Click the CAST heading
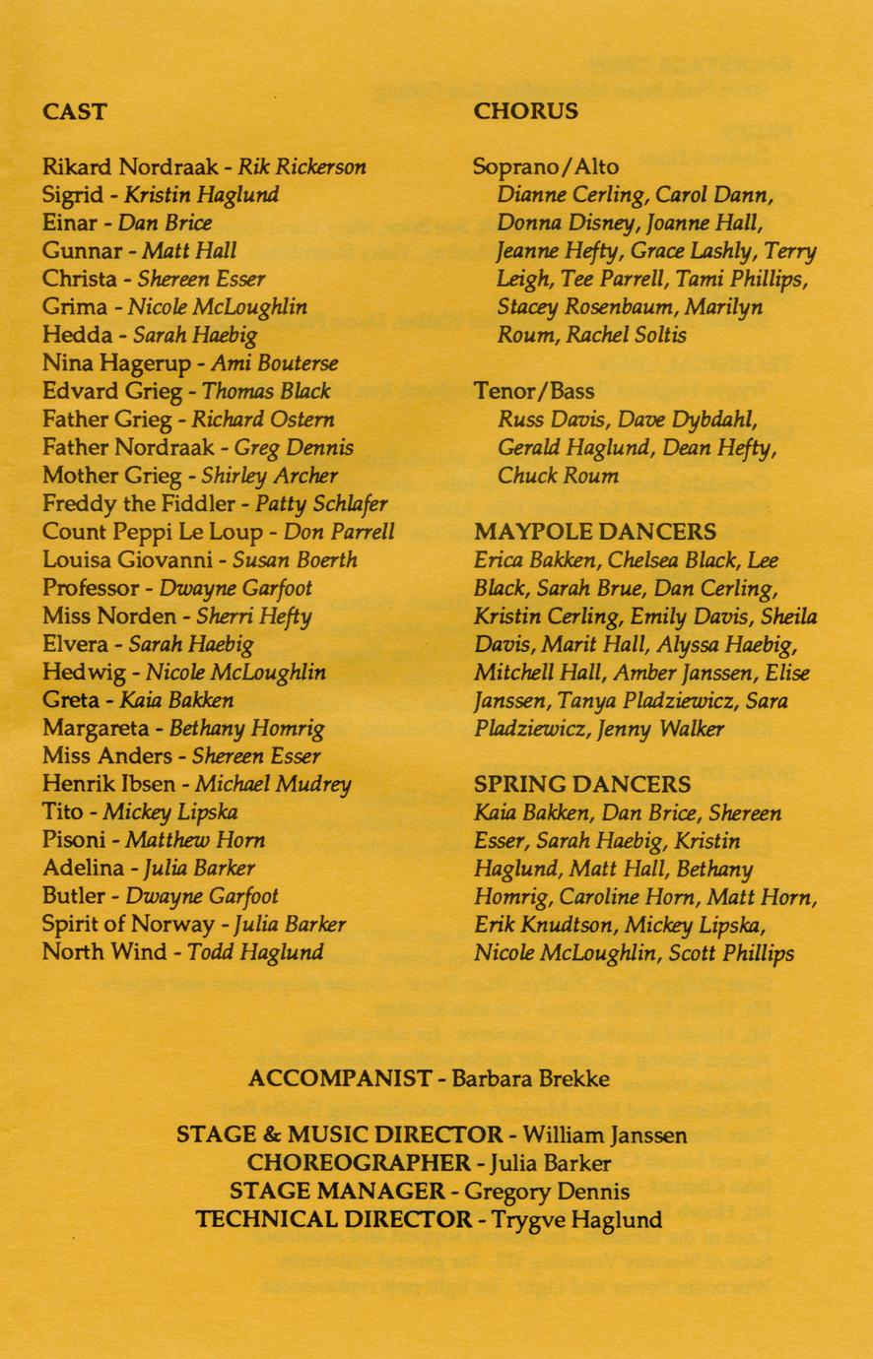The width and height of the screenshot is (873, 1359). tap(74, 111)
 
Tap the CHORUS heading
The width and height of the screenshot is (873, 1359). tap(525, 111)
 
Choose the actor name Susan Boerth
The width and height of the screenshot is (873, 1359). tap(295, 560)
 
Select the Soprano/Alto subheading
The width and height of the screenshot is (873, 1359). tap(546, 166)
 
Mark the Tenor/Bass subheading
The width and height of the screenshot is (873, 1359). tap(534, 392)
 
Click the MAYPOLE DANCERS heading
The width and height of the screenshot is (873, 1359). tap(595, 532)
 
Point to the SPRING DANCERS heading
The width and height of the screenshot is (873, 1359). tap(582, 785)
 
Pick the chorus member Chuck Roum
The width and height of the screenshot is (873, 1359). tap(558, 477)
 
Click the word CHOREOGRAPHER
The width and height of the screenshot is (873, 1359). tap(359, 1163)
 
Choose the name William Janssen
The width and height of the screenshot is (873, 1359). tap(605, 1134)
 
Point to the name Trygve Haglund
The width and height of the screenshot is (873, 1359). tap(576, 1220)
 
